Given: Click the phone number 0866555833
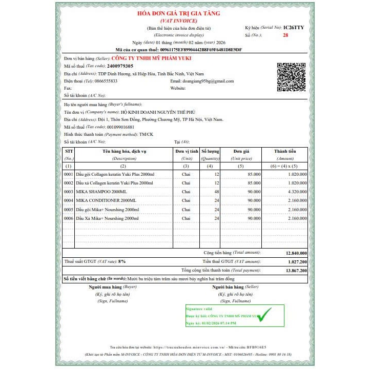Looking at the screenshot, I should [x=106, y=81].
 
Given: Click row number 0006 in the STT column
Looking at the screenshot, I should [x=69, y=218].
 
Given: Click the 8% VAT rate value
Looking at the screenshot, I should [x=122, y=261].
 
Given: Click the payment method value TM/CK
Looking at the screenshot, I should [x=146, y=134].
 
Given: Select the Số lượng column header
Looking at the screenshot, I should [x=210, y=152].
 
